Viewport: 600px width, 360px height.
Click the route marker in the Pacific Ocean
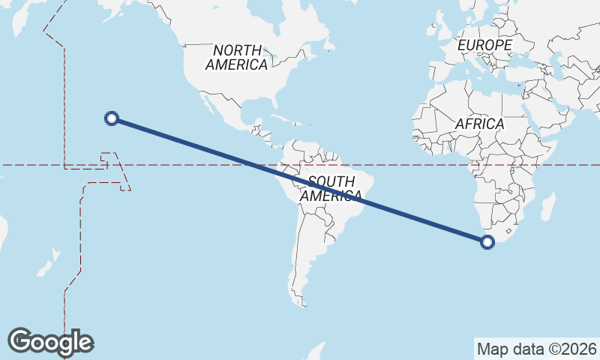coord(112,118)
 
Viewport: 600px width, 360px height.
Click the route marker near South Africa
coord(487,241)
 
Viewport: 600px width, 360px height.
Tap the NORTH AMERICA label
coord(237,58)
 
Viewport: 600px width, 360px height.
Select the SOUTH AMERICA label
coord(331,189)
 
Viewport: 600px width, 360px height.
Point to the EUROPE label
coord(484,46)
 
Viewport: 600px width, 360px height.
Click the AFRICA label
coord(479,124)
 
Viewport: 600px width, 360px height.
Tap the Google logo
coord(50,342)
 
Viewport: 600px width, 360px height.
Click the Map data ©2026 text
coord(537,349)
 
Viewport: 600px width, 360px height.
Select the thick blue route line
coord(300,180)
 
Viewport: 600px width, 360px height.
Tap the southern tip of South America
coord(302,303)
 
